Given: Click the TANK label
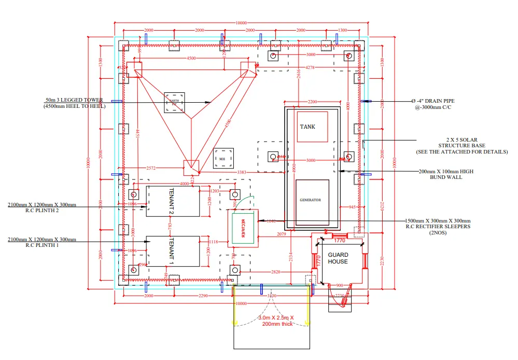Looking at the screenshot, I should point(307,127).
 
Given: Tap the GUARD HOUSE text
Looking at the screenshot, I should point(338,258).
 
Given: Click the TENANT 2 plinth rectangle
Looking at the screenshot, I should point(173,201).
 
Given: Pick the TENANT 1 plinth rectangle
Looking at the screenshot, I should point(173,251).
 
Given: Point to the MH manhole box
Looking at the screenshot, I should point(222,158).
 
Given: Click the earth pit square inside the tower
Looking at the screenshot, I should point(174,103).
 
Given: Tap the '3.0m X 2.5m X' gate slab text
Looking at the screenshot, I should point(269,317).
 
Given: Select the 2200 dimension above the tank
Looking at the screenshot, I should point(312,102).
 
